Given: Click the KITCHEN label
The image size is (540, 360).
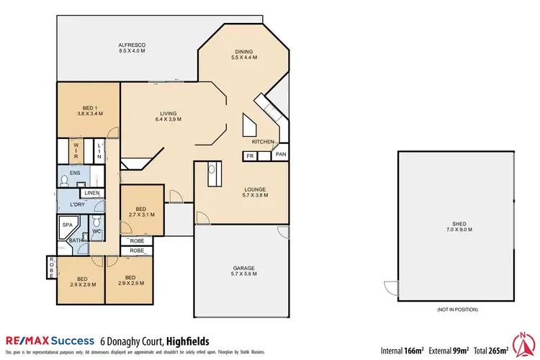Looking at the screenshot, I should [x=263, y=143].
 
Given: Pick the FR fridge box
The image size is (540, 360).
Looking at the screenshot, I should [x=250, y=155].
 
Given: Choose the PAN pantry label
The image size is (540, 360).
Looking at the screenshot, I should [x=281, y=154].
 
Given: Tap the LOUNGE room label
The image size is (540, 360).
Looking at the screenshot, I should [x=254, y=192].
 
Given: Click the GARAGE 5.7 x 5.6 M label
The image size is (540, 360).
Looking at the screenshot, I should [x=243, y=271].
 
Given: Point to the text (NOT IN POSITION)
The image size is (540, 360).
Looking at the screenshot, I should [x=457, y=309].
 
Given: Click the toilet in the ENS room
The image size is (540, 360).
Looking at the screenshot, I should [x=65, y=180].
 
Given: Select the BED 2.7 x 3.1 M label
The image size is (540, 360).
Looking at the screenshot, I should [x=141, y=212].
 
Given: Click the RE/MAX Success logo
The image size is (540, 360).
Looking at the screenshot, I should [x=50, y=341].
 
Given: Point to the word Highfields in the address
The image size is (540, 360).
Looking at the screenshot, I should [x=190, y=341].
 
